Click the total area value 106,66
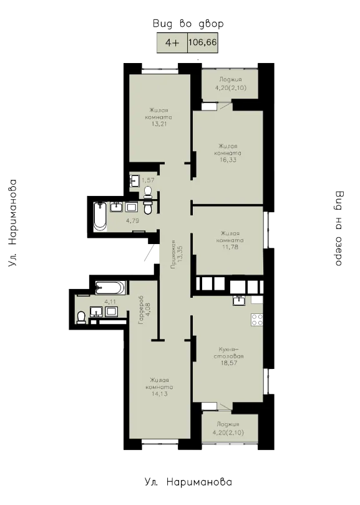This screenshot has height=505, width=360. [x=203, y=42]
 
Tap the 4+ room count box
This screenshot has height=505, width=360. [x=172, y=42]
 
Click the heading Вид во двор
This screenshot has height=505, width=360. [x=188, y=24]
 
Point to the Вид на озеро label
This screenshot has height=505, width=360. [x=339, y=228]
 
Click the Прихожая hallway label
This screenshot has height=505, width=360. [x=173, y=254]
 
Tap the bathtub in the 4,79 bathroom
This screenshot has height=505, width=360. [x=100, y=216]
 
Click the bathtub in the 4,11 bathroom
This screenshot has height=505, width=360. [x=110, y=288]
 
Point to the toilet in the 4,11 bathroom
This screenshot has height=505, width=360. [x=82, y=317]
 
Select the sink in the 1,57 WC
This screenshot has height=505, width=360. [x=134, y=180]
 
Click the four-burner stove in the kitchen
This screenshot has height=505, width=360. [x=257, y=320]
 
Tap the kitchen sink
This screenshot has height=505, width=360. [x=239, y=300]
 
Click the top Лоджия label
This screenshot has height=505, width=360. [x=230, y=79]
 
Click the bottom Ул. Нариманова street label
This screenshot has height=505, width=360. [x=188, y=482]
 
